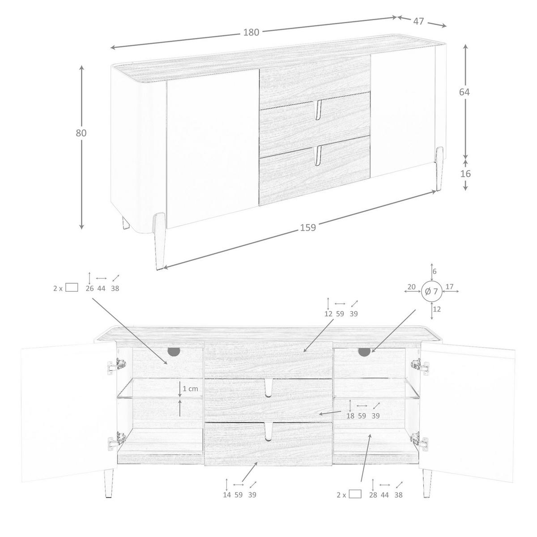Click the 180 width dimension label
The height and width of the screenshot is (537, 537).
pyautogui.click(x=251, y=32)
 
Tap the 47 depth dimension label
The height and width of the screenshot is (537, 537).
pyautogui.click(x=418, y=21)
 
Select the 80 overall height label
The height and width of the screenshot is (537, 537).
pyautogui.click(x=81, y=133)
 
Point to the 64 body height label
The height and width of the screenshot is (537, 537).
pyautogui.click(x=465, y=92)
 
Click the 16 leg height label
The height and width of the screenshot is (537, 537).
pyautogui.click(x=465, y=174)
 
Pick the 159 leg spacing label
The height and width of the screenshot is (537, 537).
pyautogui.click(x=308, y=227)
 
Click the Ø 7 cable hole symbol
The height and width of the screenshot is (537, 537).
pyautogui.click(x=431, y=291)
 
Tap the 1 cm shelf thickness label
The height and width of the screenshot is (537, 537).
pyautogui.click(x=190, y=389)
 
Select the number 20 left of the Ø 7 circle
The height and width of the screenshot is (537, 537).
pyautogui.click(x=412, y=287)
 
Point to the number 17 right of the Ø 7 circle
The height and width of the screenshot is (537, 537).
pyautogui.click(x=450, y=287)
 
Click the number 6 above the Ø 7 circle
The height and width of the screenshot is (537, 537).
pyautogui.click(x=435, y=271)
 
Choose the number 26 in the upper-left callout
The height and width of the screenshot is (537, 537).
pyautogui.click(x=89, y=289)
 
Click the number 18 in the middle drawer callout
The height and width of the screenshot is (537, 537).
pyautogui.click(x=350, y=416)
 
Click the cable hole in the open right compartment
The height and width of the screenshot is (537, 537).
pyautogui.click(x=364, y=352)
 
